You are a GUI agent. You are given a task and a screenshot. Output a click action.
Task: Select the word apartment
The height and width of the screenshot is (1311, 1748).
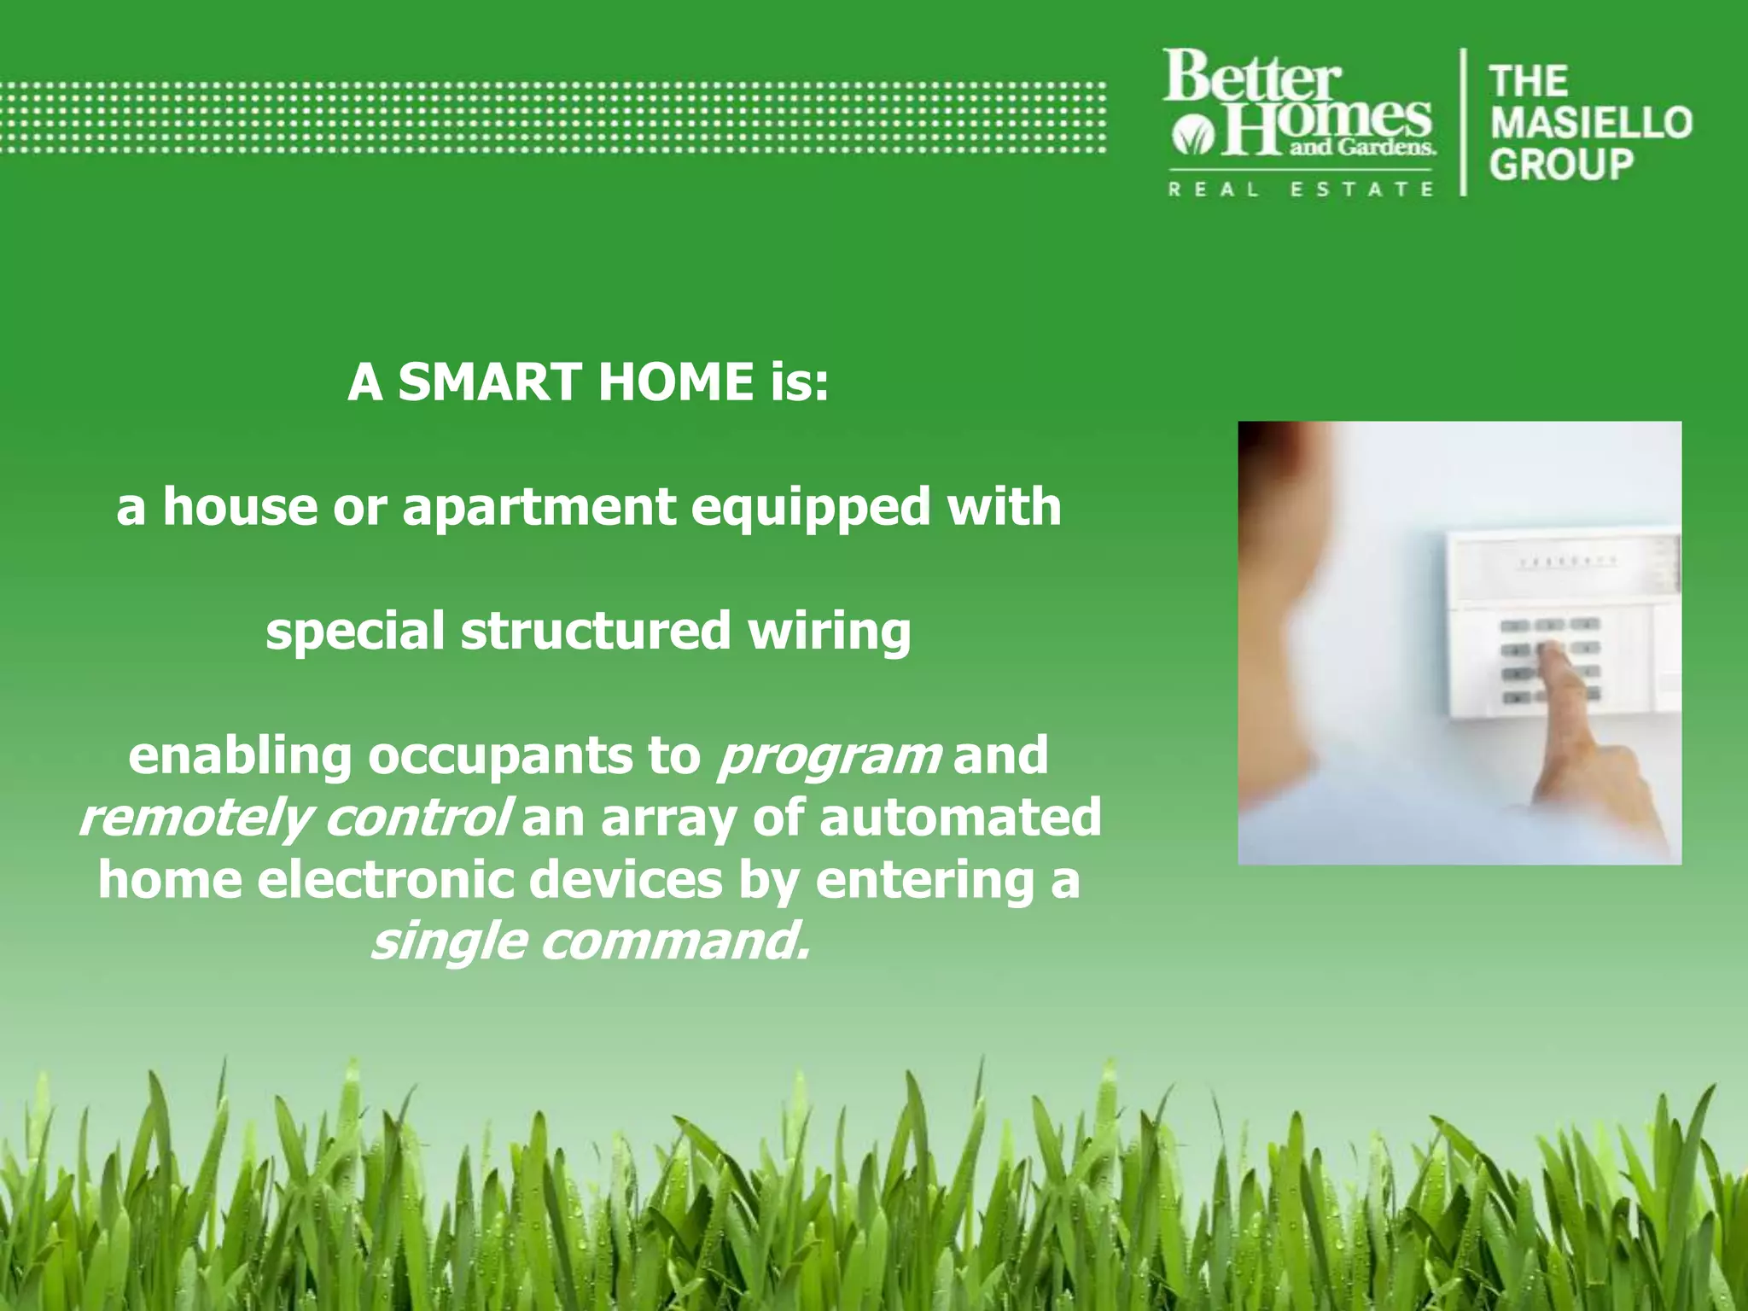click(x=539, y=508)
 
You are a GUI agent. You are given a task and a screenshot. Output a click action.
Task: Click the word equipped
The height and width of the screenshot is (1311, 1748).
click(x=810, y=508)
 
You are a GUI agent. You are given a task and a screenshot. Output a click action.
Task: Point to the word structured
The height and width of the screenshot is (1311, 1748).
click(x=595, y=632)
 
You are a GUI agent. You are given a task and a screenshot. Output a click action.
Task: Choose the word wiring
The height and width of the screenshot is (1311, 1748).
click(x=829, y=632)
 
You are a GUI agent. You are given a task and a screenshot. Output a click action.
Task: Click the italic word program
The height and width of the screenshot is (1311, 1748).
click(x=829, y=757)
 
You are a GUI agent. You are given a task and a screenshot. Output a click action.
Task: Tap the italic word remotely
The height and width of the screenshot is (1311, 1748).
click(x=194, y=819)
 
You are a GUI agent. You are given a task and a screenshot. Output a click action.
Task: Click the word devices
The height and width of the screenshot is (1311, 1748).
click(x=626, y=880)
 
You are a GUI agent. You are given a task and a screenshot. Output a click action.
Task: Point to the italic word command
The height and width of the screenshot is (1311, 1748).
click(x=674, y=941)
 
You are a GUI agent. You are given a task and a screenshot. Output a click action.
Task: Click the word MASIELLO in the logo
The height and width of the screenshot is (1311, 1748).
click(x=1591, y=123)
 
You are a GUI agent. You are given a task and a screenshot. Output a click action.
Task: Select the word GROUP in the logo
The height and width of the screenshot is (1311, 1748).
click(x=1561, y=164)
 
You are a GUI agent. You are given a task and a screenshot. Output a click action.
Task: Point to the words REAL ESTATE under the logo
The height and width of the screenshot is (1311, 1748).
click(x=1300, y=189)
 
